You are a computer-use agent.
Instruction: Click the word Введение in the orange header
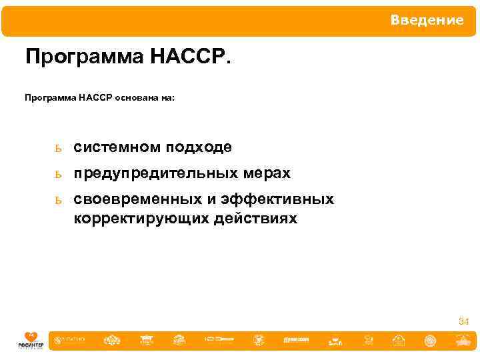pos(427,21)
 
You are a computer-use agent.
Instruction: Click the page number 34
pos(463,322)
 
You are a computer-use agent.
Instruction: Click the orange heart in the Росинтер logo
pos(31,337)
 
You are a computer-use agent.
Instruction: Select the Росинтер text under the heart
pos(31,345)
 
